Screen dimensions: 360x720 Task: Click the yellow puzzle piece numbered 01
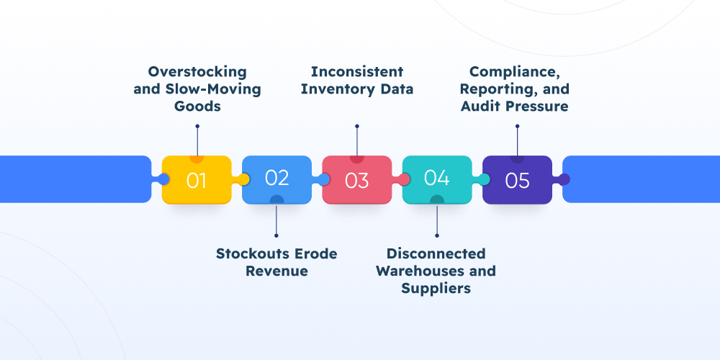click(x=197, y=180)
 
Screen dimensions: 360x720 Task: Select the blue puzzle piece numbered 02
click(x=277, y=179)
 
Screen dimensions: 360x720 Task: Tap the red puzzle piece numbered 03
click(x=357, y=180)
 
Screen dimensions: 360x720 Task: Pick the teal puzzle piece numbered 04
click(x=437, y=179)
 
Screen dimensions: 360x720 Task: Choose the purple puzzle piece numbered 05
click(x=517, y=180)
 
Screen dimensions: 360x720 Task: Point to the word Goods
click(x=197, y=106)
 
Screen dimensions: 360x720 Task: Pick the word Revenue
click(x=276, y=271)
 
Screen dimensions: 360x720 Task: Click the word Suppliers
click(x=436, y=289)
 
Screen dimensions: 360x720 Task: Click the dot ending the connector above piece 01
click(x=197, y=126)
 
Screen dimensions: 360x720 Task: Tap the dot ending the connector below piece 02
click(x=276, y=235)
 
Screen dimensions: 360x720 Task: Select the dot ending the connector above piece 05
click(x=517, y=126)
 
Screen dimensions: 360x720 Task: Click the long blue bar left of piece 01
click(x=72, y=179)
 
